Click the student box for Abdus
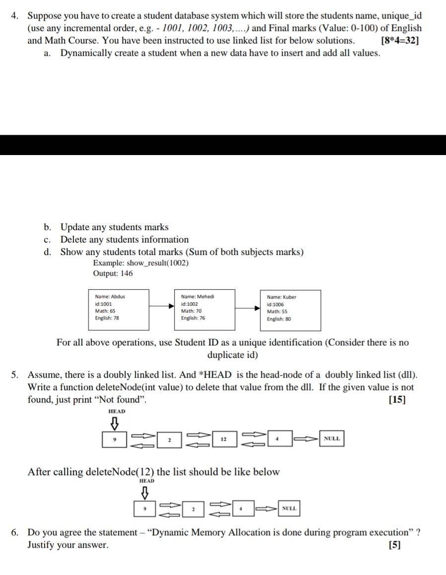click(119, 310)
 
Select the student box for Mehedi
click(205, 310)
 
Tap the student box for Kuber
click(291, 311)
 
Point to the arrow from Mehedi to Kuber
click(248, 308)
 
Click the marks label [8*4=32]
click(399, 40)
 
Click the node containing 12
click(224, 439)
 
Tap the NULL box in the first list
click(332, 438)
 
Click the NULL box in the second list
click(289, 508)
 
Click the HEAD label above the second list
click(147, 481)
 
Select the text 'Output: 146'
click(113, 273)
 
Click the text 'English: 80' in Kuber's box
click(279, 319)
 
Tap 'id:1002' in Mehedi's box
click(190, 304)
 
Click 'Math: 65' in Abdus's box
click(105, 311)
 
